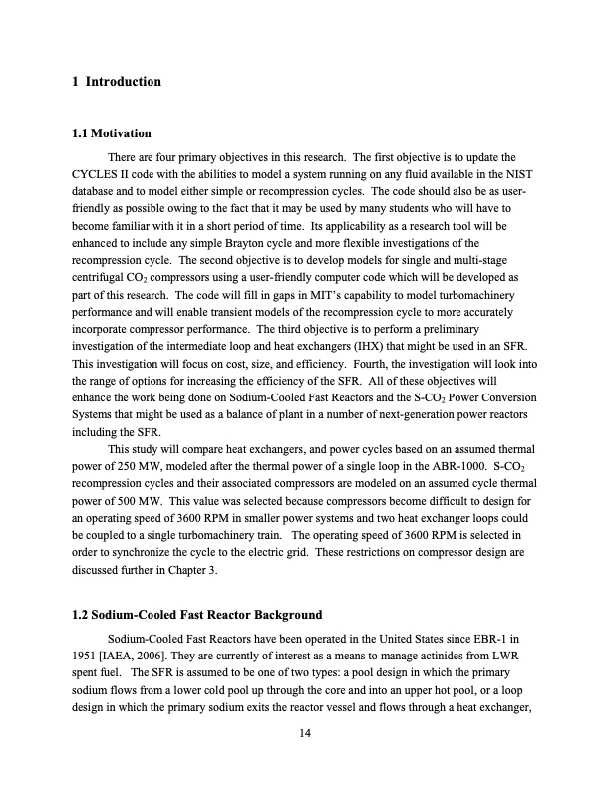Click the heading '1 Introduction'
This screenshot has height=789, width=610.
click(117, 81)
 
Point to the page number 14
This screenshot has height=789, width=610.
click(305, 734)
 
